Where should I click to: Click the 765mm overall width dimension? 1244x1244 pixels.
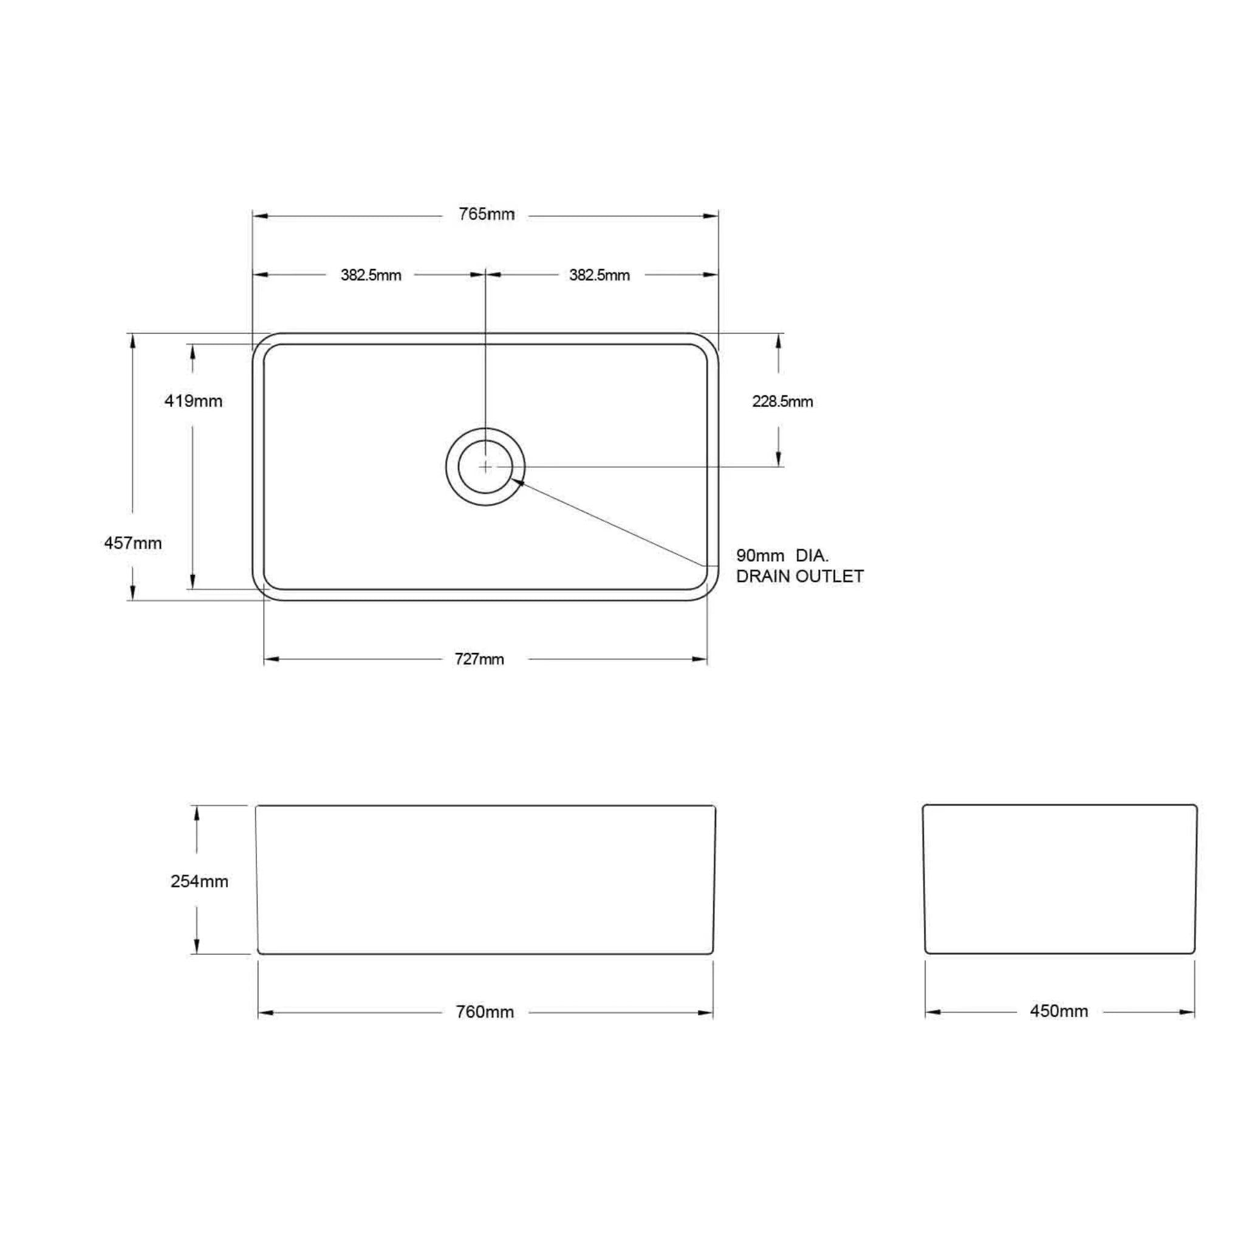[x=486, y=214]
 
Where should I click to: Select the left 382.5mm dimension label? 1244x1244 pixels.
[x=371, y=276]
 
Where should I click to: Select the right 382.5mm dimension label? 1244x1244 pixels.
[x=599, y=276]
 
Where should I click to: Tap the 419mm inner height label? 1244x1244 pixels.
[x=193, y=401]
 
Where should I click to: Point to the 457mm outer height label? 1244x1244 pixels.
[x=132, y=544]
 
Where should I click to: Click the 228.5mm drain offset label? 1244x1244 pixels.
[x=782, y=402]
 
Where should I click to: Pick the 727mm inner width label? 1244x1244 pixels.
[x=479, y=659]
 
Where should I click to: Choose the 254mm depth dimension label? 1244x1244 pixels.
[x=199, y=881]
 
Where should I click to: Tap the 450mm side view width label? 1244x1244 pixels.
[x=1059, y=1011]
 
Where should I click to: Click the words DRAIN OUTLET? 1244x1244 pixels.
[x=800, y=576]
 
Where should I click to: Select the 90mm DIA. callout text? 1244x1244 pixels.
[x=782, y=555]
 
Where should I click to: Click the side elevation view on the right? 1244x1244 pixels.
[x=1059, y=879]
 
